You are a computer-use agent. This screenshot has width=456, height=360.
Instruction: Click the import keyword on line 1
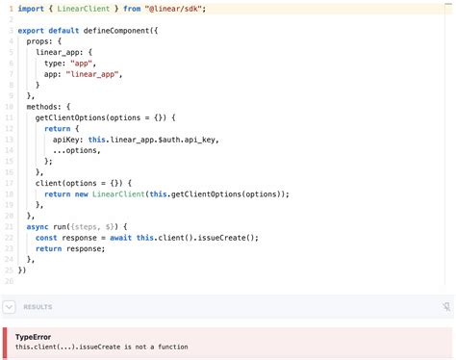click(32, 8)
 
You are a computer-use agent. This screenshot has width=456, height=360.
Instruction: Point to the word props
click(39, 41)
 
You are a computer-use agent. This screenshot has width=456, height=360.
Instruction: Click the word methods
click(43, 106)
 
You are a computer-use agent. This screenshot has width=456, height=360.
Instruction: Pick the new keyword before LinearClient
click(81, 193)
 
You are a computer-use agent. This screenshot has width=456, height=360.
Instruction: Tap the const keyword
click(45, 236)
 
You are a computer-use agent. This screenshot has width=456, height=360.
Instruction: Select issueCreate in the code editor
click(224, 236)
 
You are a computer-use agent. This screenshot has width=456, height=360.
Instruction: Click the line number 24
click(9, 258)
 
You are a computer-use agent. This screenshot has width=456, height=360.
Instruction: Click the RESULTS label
click(38, 307)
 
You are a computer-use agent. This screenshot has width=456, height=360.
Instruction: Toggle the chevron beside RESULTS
click(10, 307)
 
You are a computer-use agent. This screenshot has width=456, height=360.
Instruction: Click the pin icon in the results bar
click(445, 307)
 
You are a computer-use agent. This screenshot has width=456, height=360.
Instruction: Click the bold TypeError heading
click(35, 337)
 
